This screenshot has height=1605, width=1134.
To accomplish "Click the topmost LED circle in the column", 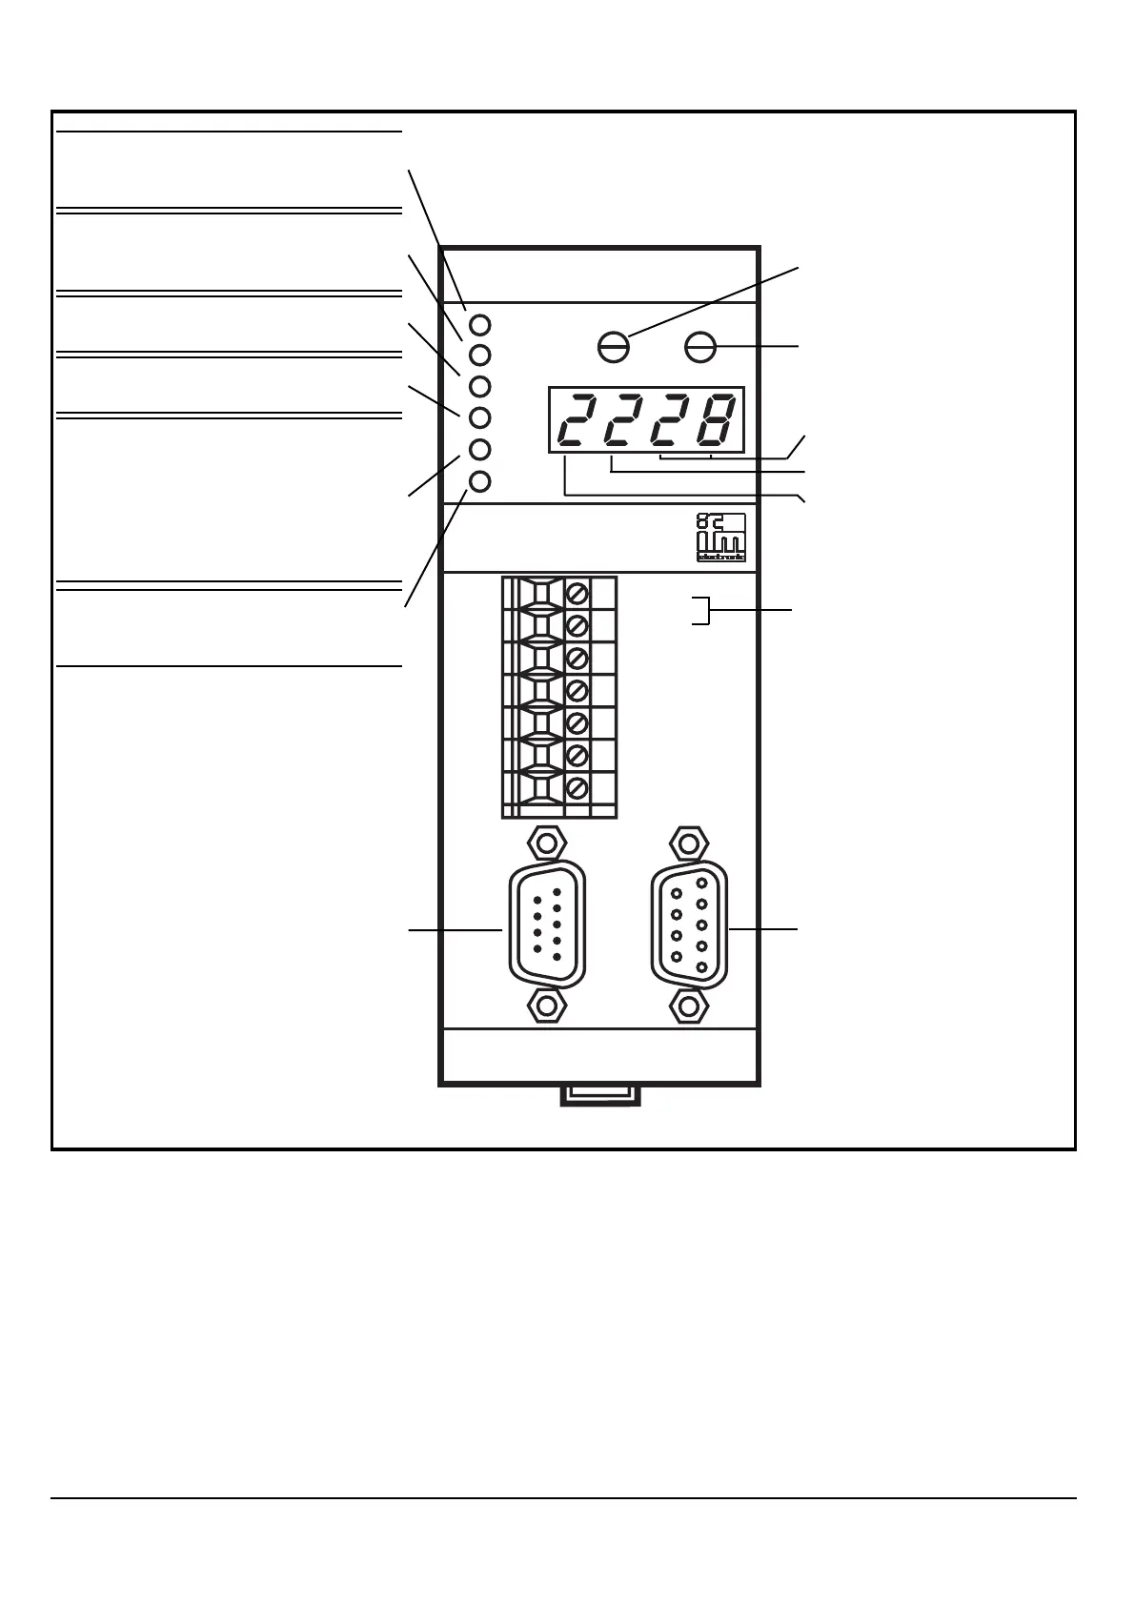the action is click(x=480, y=324).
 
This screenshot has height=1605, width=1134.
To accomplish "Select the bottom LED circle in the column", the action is click(x=480, y=481).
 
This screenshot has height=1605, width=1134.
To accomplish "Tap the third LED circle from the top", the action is click(x=480, y=386).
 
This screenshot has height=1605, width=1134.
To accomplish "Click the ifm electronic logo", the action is click(x=721, y=538).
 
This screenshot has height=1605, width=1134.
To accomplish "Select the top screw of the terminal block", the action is click(x=577, y=594).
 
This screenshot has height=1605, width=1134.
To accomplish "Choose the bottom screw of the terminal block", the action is click(x=577, y=788).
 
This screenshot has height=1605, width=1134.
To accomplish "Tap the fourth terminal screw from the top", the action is click(x=577, y=690).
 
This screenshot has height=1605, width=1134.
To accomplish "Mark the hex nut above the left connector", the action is click(x=546, y=843).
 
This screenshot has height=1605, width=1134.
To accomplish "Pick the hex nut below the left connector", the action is click(x=546, y=1005).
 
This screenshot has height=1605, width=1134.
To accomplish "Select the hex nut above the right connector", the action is click(x=688, y=843).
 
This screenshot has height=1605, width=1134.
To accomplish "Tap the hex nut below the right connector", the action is click(x=688, y=1005).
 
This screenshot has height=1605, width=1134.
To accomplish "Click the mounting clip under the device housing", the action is click(x=600, y=1095).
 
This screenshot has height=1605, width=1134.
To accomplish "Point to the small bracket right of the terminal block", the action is click(x=702, y=610).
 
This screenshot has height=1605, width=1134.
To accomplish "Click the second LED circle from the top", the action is click(x=480, y=355).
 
